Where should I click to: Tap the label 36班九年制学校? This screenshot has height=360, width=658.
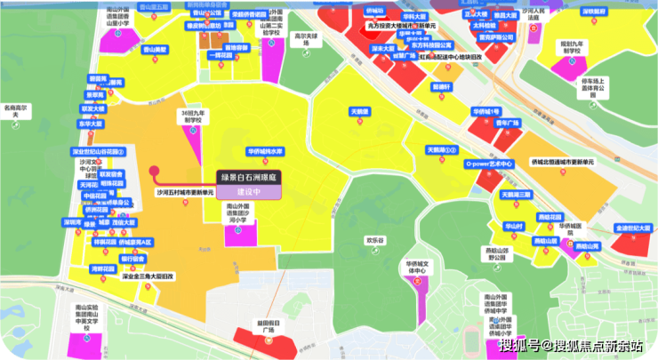point(193,118)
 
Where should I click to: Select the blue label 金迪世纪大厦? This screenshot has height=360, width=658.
point(635,228)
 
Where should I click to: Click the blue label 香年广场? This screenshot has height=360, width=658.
point(507,124)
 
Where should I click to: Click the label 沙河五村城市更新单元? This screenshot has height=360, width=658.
point(185,192)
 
